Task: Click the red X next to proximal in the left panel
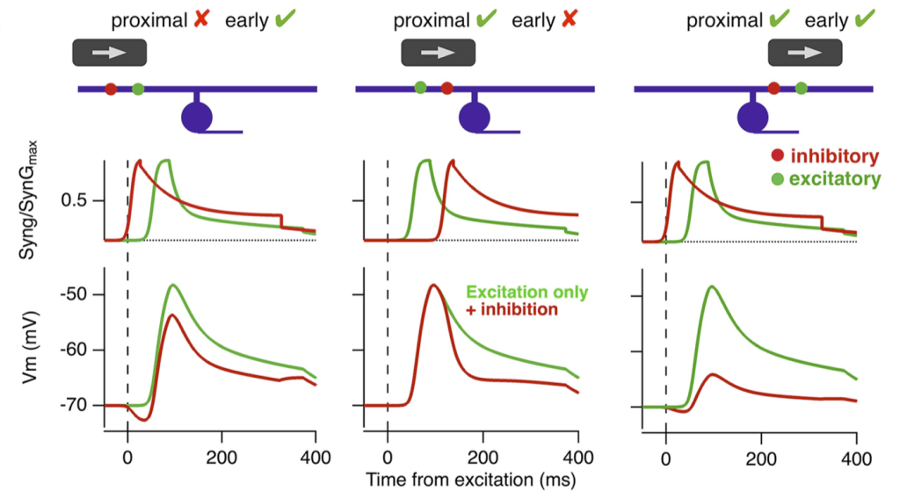point(201,19)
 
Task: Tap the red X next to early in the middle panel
point(569,19)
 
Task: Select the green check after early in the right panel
point(864,18)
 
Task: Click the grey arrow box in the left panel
point(110,52)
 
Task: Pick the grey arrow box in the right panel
point(805,52)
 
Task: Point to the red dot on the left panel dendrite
point(111,89)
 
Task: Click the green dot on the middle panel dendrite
point(420,87)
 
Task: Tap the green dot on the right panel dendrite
point(802,88)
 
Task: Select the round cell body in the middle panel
point(474,117)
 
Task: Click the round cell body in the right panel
point(752,117)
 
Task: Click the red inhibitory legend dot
point(777,155)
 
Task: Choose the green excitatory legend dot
point(777,179)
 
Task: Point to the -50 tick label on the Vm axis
point(75,294)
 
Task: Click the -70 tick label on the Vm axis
point(75,406)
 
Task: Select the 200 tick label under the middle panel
point(483,458)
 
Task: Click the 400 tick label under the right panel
point(856,458)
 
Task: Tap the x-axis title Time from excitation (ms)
point(471,480)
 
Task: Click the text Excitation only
point(527,292)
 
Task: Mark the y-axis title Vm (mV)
point(30,347)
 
